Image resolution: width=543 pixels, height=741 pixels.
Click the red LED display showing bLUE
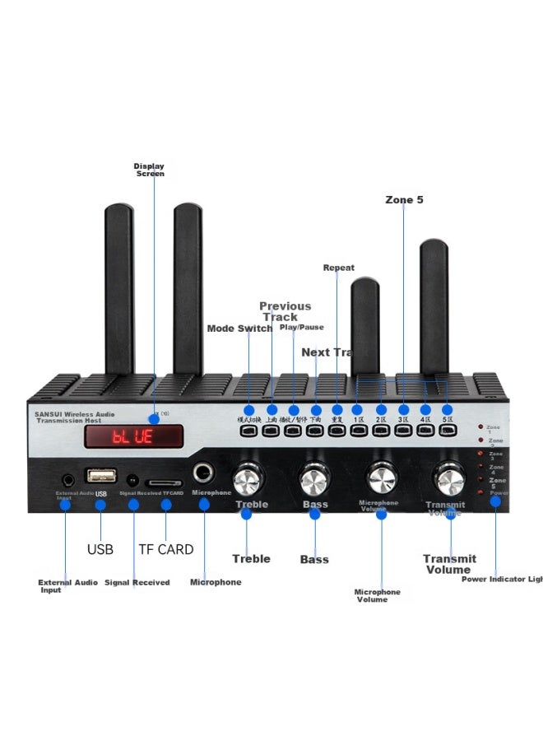tap(132, 436)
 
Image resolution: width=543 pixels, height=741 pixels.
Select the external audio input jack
tap(66, 478)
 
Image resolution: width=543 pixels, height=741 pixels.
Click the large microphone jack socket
tap(203, 473)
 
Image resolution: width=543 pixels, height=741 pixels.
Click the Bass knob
tap(313, 479)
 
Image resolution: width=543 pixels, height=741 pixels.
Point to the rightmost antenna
tap(434, 305)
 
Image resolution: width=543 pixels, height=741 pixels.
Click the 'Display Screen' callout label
tap(149, 170)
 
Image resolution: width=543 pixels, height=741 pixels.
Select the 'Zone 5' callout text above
tap(404, 200)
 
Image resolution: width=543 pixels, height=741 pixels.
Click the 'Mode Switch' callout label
tap(239, 329)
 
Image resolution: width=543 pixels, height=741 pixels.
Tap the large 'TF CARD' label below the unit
tap(165, 549)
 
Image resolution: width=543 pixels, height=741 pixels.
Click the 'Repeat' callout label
tap(338, 268)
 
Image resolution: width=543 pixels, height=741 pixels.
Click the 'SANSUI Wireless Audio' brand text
tap(75, 414)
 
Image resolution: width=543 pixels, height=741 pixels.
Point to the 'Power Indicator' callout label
tap(501, 579)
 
